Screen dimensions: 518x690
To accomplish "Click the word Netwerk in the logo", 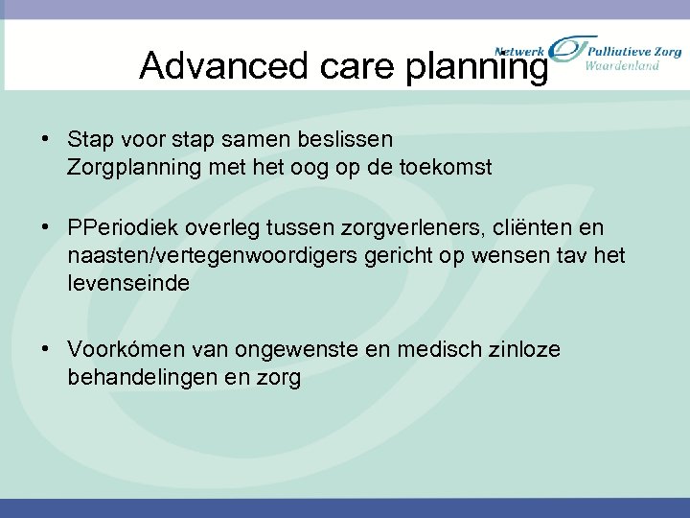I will [518, 49].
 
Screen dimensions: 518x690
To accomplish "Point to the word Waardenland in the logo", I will [623, 66].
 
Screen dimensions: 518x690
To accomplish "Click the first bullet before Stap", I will [46, 141].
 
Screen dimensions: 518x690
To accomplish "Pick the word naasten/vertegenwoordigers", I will [208, 256].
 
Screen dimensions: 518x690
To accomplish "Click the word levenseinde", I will [129, 283].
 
